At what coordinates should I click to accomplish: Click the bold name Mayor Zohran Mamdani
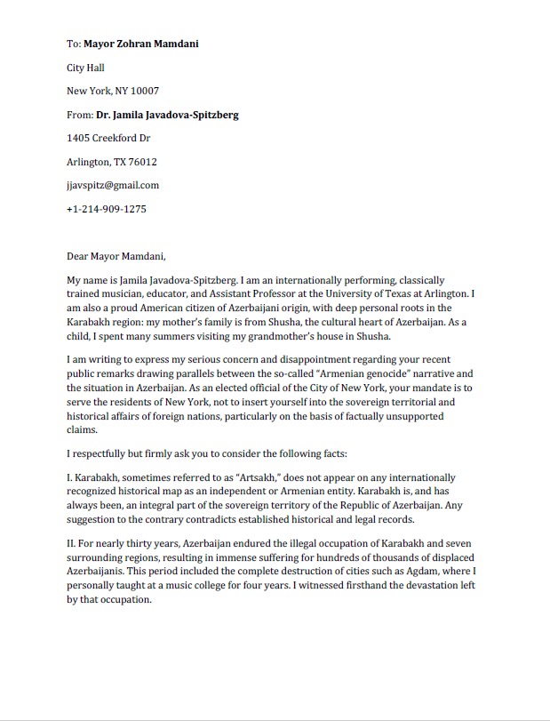click(140, 43)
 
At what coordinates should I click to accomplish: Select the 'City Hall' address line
click(87, 67)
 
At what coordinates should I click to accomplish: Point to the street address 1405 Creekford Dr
click(108, 138)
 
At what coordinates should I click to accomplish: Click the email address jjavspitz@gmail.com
click(113, 185)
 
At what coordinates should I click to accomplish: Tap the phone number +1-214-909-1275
click(107, 209)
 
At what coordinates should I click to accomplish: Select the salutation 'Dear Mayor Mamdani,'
click(116, 256)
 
